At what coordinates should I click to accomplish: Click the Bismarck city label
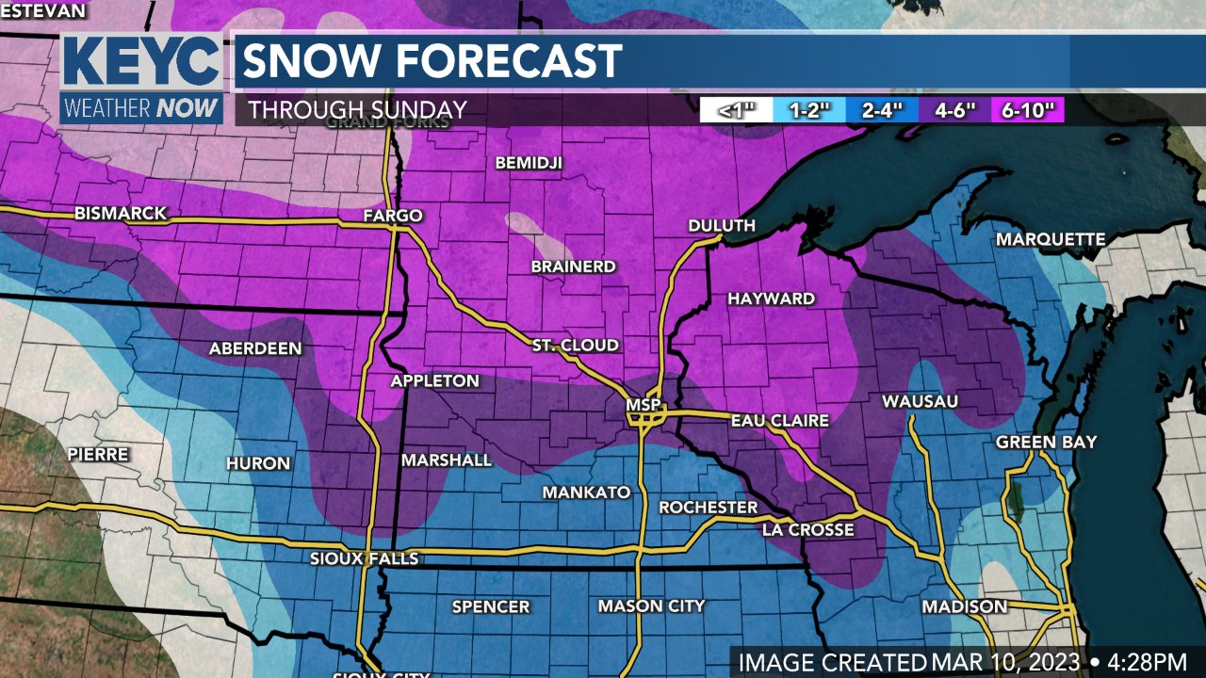[x=121, y=214]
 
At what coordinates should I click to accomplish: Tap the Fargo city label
[x=393, y=216]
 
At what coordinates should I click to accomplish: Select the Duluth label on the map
[x=722, y=225]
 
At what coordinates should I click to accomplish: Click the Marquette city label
[x=1051, y=240]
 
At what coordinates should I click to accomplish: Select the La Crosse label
[x=807, y=530]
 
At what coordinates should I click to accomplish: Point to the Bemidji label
[x=529, y=163]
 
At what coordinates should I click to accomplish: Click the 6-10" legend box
[x=1033, y=110]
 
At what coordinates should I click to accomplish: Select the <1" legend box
[x=736, y=110]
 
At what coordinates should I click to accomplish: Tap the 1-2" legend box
[x=809, y=110]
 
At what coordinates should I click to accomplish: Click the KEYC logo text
[x=141, y=63]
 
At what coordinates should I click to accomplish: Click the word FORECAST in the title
[x=510, y=62]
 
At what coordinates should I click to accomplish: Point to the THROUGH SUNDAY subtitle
[x=357, y=110]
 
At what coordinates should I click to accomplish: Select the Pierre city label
[x=98, y=454]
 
